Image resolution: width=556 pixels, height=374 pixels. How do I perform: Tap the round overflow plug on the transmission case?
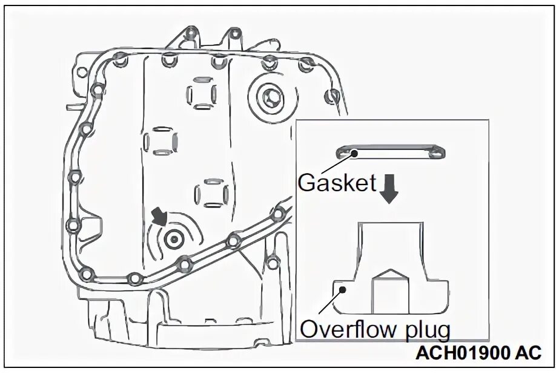pos(174,239)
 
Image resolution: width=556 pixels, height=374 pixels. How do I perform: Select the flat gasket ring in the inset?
pos(394,151)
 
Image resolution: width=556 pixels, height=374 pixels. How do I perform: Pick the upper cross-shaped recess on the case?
pos(200,95)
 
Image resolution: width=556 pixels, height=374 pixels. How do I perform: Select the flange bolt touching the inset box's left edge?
pos(279,212)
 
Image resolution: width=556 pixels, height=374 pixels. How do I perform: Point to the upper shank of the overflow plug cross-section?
pos(389,242)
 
